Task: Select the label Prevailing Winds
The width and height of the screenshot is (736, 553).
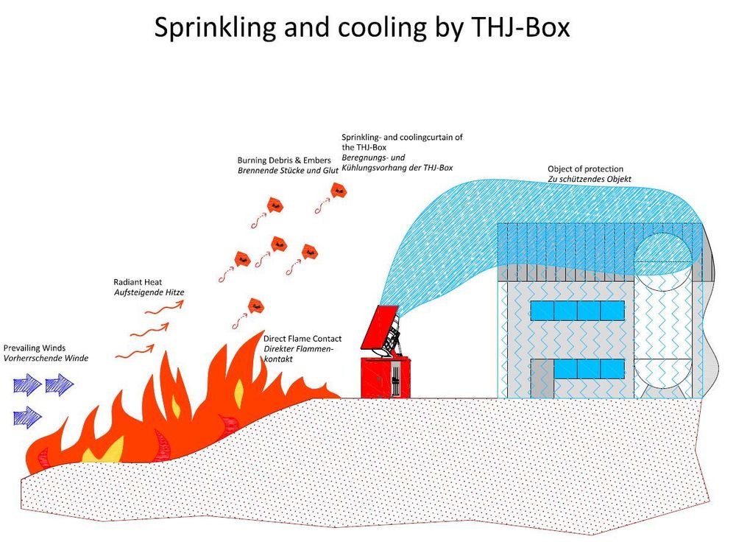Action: coord(35,348)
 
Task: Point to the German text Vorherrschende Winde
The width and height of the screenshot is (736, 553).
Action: coord(46,358)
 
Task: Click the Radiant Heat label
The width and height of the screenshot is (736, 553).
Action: coord(138,282)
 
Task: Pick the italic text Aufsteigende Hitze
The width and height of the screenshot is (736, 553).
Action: coord(149,292)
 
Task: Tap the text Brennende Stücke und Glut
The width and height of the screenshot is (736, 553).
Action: coord(288,170)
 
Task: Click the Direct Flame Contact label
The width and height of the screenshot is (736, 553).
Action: coord(302,339)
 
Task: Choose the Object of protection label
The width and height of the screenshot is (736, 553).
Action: coord(586,169)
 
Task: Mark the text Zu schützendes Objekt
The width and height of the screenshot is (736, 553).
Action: coord(590,180)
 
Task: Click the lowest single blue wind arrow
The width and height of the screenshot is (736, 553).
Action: coord(27,418)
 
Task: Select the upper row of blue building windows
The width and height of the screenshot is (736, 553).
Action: coord(577,310)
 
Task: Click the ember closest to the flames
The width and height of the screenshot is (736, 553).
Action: coord(255,303)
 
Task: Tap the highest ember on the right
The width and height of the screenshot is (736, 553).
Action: coord(339,191)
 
